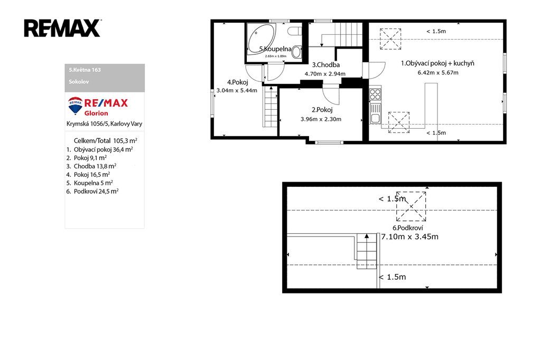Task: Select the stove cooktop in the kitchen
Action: coord(375,94)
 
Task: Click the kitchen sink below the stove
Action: coord(375,114)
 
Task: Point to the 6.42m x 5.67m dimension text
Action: coord(438,73)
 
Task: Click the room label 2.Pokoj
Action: coord(322,110)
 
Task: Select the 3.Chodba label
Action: coord(325,65)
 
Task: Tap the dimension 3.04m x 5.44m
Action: coord(237,91)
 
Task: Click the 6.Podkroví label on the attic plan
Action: coord(407,228)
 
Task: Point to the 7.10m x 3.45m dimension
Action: coord(409,236)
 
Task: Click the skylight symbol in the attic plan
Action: coord(411,206)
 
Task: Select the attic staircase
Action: coord(367,251)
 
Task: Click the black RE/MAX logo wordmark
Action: coord(62,28)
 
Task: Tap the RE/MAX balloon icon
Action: coord(75,106)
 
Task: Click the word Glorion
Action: coord(96,113)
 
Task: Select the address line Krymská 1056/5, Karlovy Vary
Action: coord(104,124)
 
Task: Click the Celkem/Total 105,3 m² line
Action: coord(105,141)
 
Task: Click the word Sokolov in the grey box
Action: coord(79,82)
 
